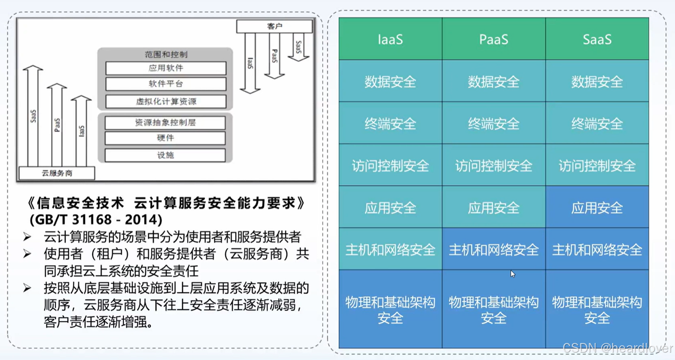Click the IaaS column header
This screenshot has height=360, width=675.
tap(390, 39)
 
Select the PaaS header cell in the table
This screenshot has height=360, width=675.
tap(493, 39)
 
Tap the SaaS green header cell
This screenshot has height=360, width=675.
tap(597, 39)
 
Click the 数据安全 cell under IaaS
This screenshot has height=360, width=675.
tap(390, 81)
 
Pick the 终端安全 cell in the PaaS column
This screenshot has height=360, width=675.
tap(493, 123)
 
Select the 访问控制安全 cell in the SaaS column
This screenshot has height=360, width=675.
tap(597, 165)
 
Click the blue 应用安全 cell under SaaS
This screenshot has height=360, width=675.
tap(597, 208)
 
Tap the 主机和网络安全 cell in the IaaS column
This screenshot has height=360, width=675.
tap(390, 249)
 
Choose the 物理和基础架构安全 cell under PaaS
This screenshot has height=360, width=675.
tap(493, 309)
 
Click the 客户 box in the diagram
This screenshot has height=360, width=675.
tap(274, 26)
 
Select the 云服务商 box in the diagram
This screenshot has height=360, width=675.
tap(57, 173)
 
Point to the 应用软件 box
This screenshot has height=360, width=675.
tap(166, 68)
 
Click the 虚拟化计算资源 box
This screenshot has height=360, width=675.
tap(166, 101)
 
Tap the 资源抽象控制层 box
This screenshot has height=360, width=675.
tap(165, 123)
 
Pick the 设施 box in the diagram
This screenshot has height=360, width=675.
tap(165, 155)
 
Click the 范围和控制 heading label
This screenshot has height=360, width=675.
tap(166, 54)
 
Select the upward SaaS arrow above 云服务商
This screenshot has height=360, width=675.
tap(33, 115)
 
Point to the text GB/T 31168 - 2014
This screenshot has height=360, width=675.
tap(96, 219)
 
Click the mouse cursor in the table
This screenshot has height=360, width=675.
tap(513, 274)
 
